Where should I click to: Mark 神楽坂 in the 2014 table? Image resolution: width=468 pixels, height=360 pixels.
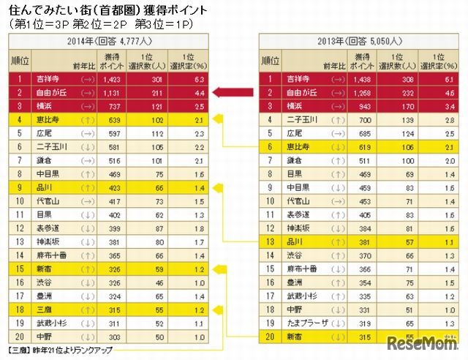point(45,241)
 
